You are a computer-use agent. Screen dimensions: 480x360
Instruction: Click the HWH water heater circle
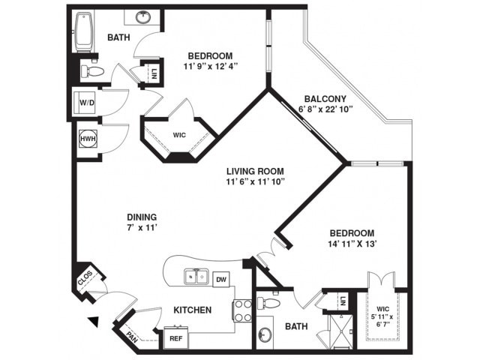point(88,139)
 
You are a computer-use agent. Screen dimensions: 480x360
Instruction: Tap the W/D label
point(87,103)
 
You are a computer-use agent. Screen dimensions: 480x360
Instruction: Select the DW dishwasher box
point(221,279)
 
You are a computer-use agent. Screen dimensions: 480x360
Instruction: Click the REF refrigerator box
point(176,338)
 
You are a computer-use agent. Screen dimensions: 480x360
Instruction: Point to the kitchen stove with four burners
point(243,310)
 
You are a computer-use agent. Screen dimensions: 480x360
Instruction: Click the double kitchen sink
point(196,277)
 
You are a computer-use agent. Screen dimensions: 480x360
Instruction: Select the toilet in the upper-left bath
point(92,72)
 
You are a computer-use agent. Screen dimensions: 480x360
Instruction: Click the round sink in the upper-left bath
point(142,17)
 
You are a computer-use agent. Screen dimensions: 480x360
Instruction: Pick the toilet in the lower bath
point(268,303)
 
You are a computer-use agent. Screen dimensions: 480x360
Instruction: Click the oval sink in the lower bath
point(264,335)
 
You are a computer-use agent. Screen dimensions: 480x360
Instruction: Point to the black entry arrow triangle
point(94,322)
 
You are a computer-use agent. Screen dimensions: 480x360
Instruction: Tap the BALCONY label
point(325,99)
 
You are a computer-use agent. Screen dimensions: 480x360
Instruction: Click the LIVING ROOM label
point(255,171)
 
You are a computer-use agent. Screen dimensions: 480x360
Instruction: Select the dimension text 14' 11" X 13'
point(352,244)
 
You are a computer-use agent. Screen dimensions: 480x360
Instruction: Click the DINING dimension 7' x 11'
point(142,228)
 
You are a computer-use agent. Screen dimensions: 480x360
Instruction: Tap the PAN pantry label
point(132,336)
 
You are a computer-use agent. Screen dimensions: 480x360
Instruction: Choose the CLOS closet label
point(85,278)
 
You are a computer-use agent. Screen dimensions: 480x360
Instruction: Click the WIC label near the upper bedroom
point(179,135)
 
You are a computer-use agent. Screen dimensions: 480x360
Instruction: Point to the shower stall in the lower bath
point(340,331)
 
